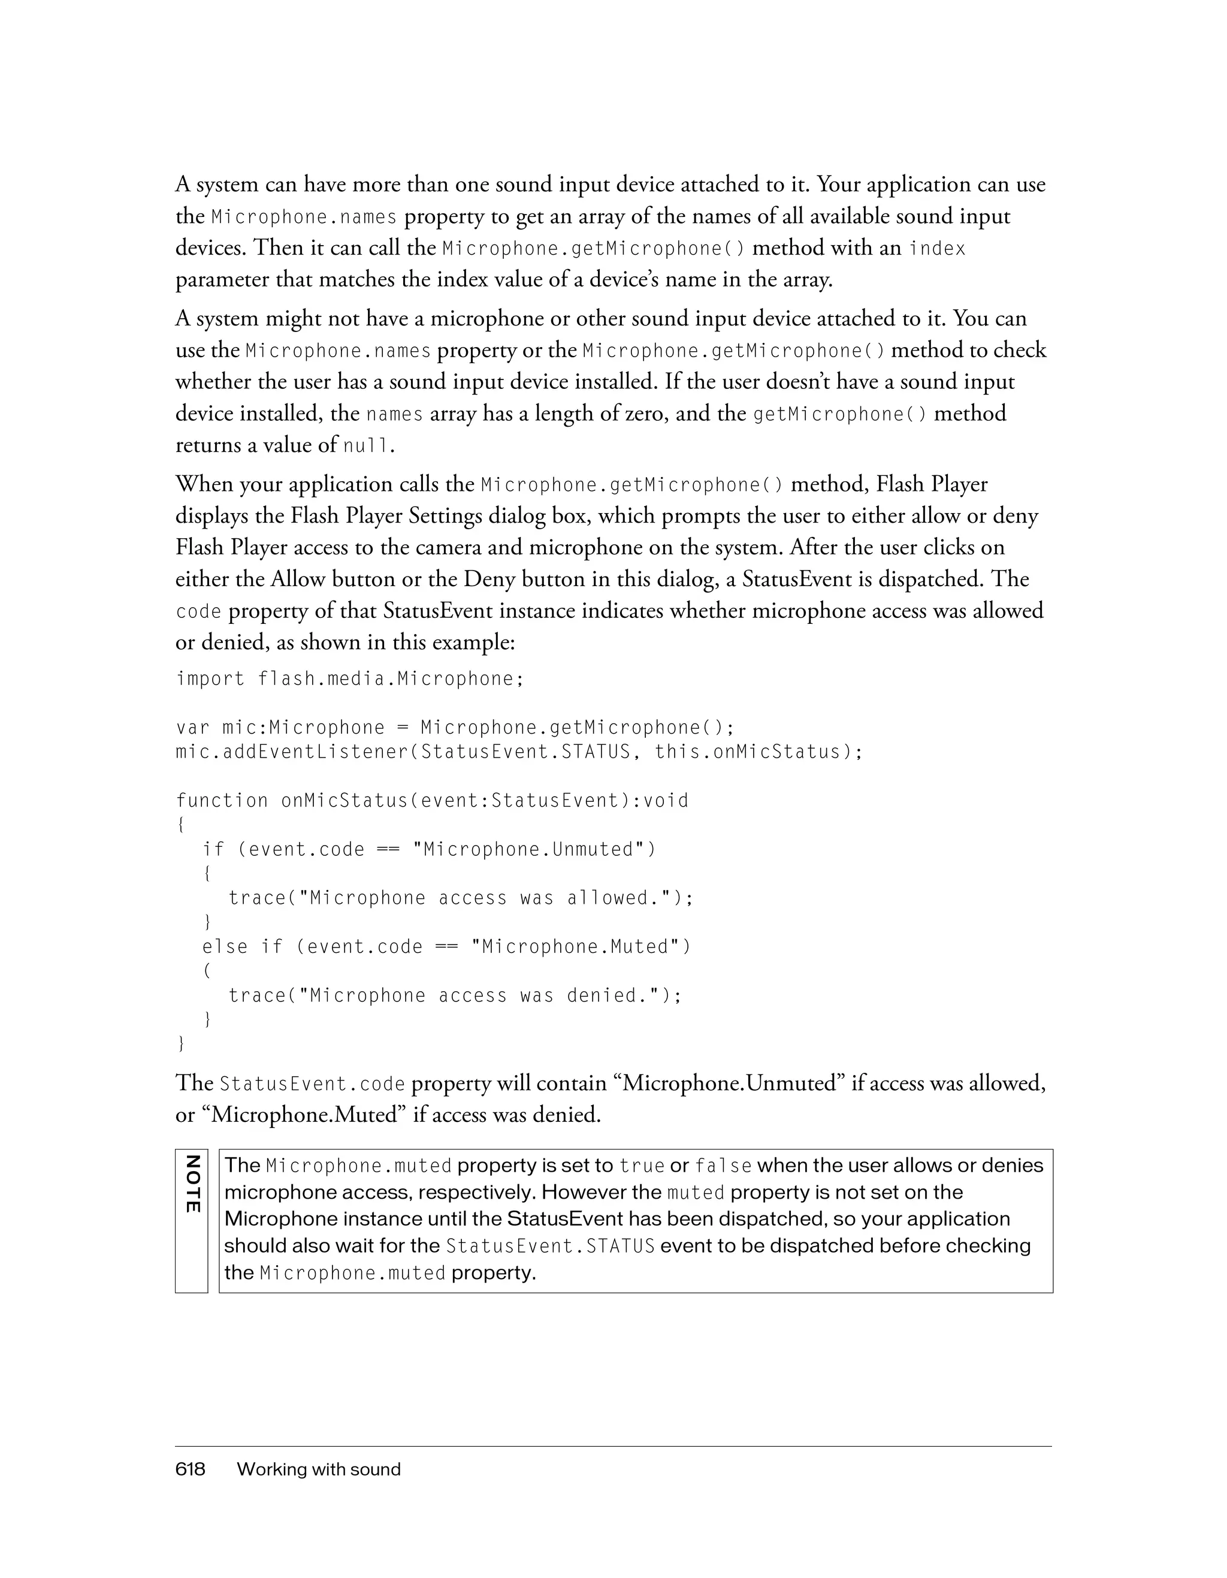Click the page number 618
(190, 1469)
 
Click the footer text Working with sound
(319, 1469)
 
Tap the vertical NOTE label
(191, 1185)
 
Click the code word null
(366, 446)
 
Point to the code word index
(936, 249)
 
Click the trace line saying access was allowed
(461, 898)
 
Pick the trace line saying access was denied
(455, 995)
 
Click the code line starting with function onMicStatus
(432, 801)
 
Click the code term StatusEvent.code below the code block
(312, 1084)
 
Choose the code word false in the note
(723, 1166)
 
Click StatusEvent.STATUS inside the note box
(551, 1247)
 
